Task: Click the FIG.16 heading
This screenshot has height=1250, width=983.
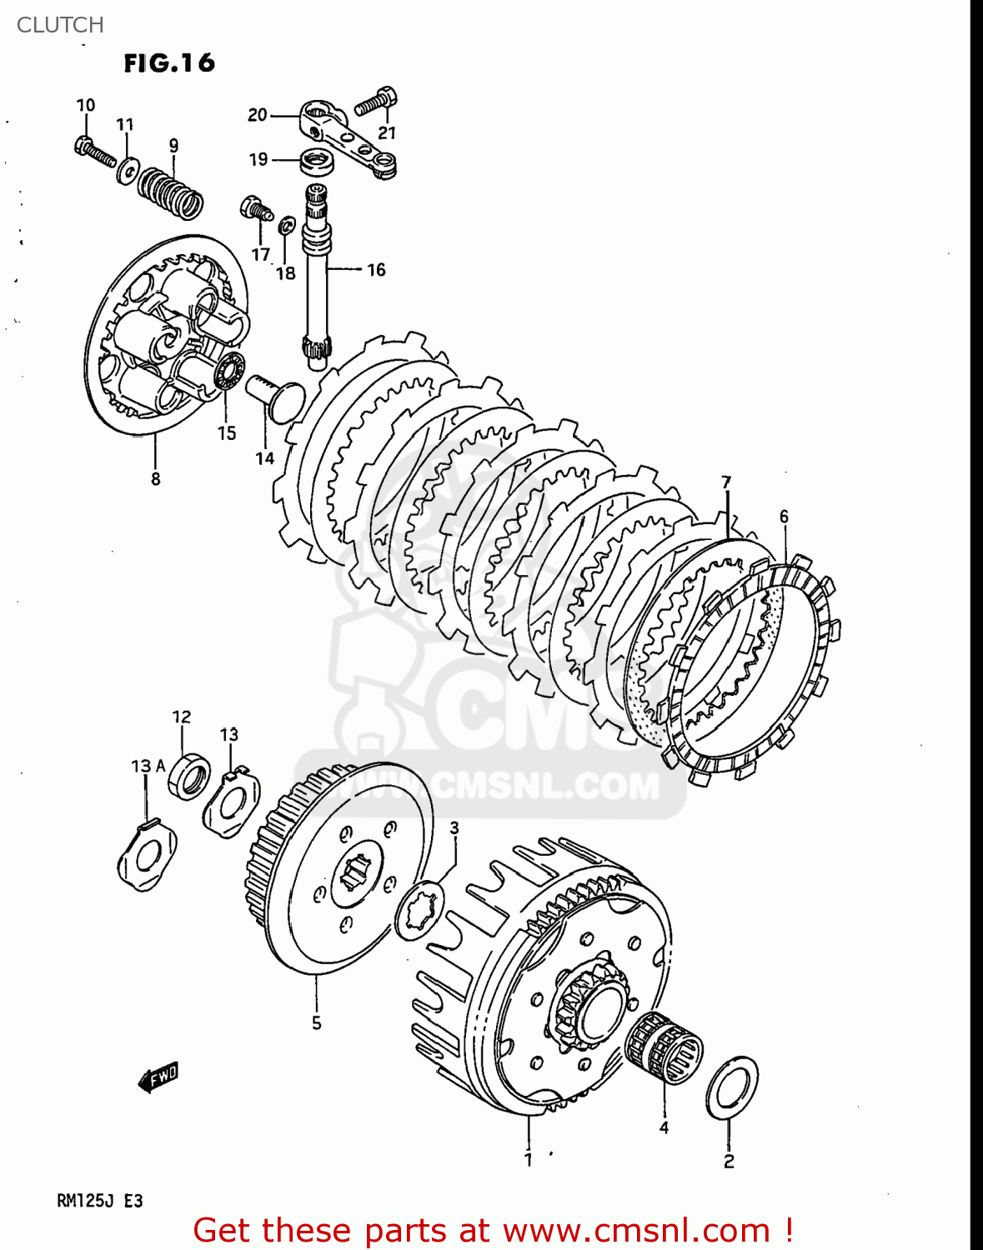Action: pyautogui.click(x=169, y=63)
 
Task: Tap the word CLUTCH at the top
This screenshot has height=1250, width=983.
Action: pyautogui.click(x=60, y=25)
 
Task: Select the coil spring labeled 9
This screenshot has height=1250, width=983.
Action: pyautogui.click(x=171, y=191)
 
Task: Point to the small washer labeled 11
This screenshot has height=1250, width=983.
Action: pyautogui.click(x=128, y=170)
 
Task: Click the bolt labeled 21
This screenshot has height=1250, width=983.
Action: pyautogui.click(x=377, y=102)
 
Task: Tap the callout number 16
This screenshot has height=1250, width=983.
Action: pyautogui.click(x=376, y=269)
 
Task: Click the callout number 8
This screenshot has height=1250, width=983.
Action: pyautogui.click(x=155, y=479)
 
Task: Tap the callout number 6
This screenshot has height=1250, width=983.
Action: pyautogui.click(x=784, y=517)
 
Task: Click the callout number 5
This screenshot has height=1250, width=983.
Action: pyautogui.click(x=316, y=1022)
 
